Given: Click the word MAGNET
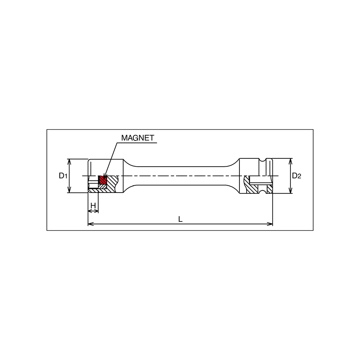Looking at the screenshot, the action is click(x=138, y=138).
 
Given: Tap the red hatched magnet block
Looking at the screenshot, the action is click(x=103, y=180).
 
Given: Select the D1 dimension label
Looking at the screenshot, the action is click(x=63, y=176).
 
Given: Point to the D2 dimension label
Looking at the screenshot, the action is click(x=296, y=176).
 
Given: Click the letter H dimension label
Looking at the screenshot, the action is click(x=93, y=205).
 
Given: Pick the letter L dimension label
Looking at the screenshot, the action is click(x=180, y=219).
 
